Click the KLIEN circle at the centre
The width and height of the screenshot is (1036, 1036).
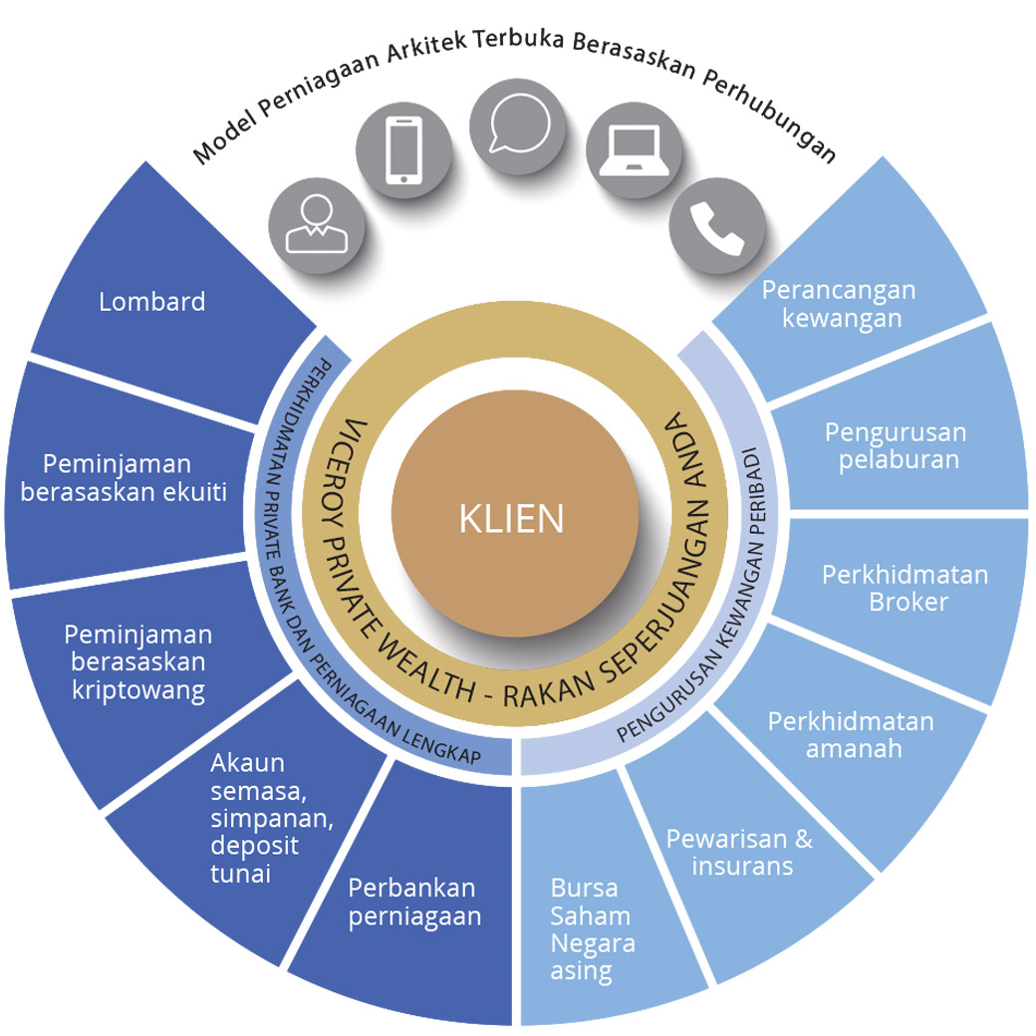512,518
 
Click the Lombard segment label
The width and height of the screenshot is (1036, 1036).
151,301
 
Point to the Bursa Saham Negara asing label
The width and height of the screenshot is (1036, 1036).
592,929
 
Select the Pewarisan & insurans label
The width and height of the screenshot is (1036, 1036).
739,852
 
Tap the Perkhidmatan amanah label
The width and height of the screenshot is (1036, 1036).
851,735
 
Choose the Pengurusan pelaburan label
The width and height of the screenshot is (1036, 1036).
896,445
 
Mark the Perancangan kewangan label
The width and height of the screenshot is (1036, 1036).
838,304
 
